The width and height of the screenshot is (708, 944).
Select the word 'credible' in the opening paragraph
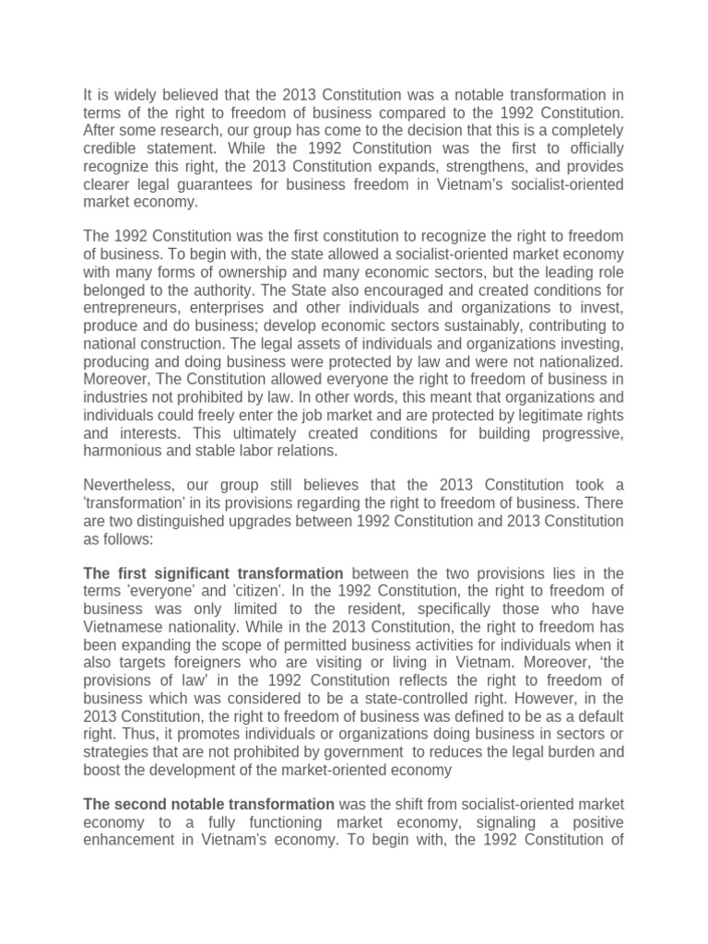pyautogui.click(x=112, y=148)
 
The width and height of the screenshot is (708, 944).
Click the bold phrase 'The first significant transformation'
pyautogui.click(x=213, y=574)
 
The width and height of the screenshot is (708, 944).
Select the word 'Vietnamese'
pyautogui.click(x=120, y=628)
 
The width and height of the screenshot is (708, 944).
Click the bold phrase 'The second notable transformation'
pyautogui.click(x=209, y=804)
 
